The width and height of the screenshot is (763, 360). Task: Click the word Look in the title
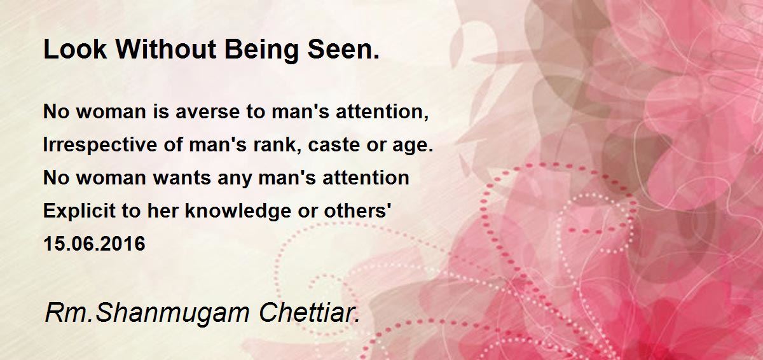[75, 49]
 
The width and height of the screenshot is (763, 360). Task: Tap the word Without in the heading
[166, 49]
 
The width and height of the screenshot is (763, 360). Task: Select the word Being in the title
[261, 51]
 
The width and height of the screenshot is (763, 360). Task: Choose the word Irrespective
[100, 145]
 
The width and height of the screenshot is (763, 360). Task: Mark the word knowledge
[238, 211]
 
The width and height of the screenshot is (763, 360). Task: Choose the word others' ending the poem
[357, 211]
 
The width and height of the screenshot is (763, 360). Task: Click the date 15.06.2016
[94, 244]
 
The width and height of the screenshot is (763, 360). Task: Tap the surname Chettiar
[309, 313]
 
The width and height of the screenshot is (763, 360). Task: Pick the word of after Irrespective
[173, 144]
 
